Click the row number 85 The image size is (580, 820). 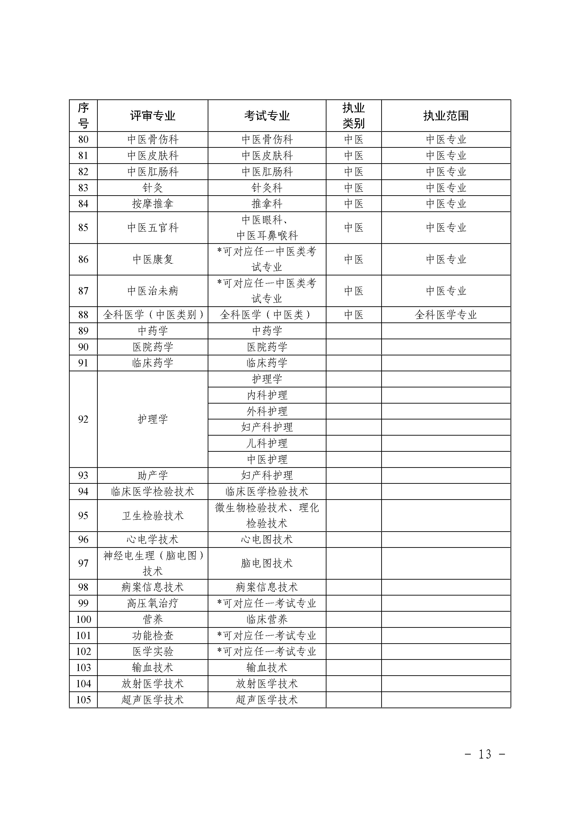coord(83,228)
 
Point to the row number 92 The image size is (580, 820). coord(83,419)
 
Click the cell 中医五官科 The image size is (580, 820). coord(152,228)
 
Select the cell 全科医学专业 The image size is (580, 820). coord(446,315)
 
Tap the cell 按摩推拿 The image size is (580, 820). coord(152,204)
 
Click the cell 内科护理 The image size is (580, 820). coord(267,395)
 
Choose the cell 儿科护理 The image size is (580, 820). coord(267,443)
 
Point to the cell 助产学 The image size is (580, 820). coord(152,475)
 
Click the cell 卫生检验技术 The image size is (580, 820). coord(152,515)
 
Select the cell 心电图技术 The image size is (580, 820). coord(267,539)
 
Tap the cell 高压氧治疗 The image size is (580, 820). coord(152,603)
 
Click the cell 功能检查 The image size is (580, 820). coord(152,635)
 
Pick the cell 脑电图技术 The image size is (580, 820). coord(267,563)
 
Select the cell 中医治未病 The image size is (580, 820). coord(152,291)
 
